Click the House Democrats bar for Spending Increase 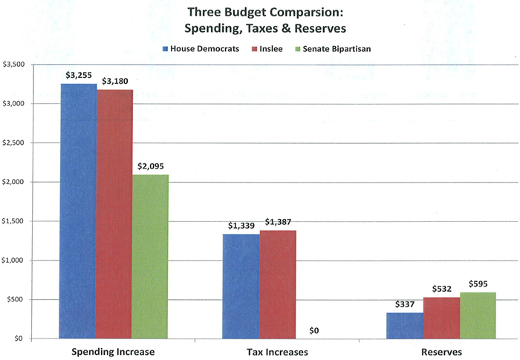(x=79, y=212)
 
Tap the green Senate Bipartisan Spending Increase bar (x=151, y=257)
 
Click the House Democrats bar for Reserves (x=404, y=326)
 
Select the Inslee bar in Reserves (x=441, y=318)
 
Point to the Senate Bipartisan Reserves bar (x=477, y=315)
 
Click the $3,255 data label (x=79, y=75)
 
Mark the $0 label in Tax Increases (x=314, y=330)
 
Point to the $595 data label (x=478, y=284)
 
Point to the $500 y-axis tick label (x=18, y=300)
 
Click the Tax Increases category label (x=277, y=351)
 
